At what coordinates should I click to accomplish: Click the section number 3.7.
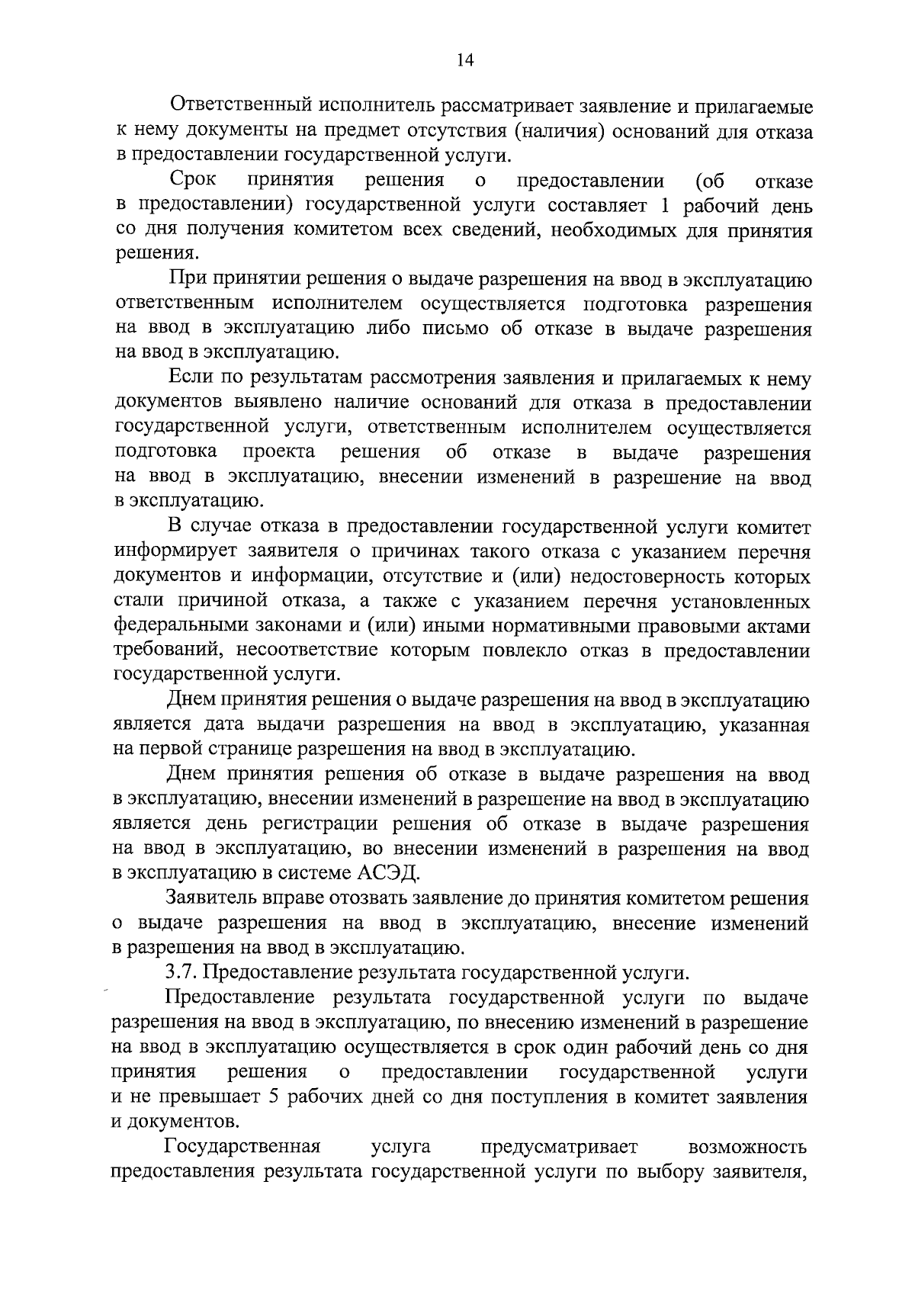point(181,973)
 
